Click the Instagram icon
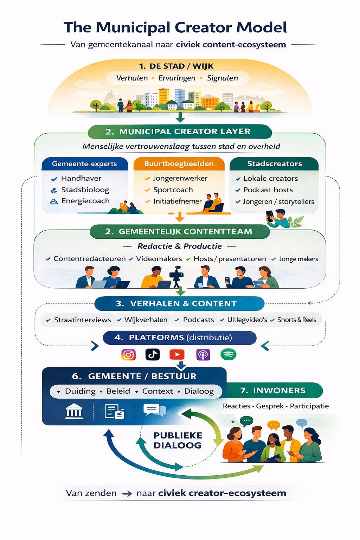coord(128,354)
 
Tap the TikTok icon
coord(153,354)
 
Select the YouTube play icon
coord(177,354)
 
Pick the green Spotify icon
coord(229,354)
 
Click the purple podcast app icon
coord(203,354)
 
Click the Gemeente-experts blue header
coord(84,164)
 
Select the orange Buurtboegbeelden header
coord(179,164)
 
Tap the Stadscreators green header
coord(274,164)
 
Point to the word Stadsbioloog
coord(85,190)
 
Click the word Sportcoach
coord(173,190)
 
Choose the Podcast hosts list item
coord(268,190)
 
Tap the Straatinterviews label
coord(82,320)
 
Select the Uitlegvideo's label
coord(247,320)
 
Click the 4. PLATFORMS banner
coord(179,338)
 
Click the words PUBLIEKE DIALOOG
coord(178,440)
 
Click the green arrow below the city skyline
coord(180,117)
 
